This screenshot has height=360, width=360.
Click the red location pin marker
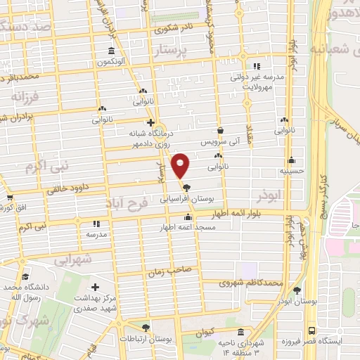pos(181,165)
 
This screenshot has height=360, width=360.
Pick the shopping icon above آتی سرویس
pos(221,130)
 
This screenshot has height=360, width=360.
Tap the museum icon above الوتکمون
pos(111,51)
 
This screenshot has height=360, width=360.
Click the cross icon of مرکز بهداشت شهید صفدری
pos(95,287)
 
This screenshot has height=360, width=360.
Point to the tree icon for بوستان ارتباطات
pos(146,328)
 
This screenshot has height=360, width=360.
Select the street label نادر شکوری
pos(176,29)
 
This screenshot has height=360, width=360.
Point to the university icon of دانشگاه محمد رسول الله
pos(25,278)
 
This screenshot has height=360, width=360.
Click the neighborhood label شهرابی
pos(73,259)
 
